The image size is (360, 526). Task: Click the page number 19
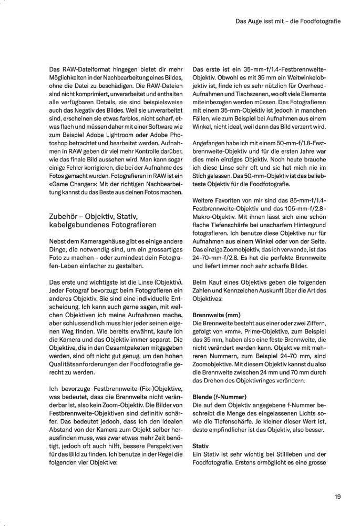pos(337,495)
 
